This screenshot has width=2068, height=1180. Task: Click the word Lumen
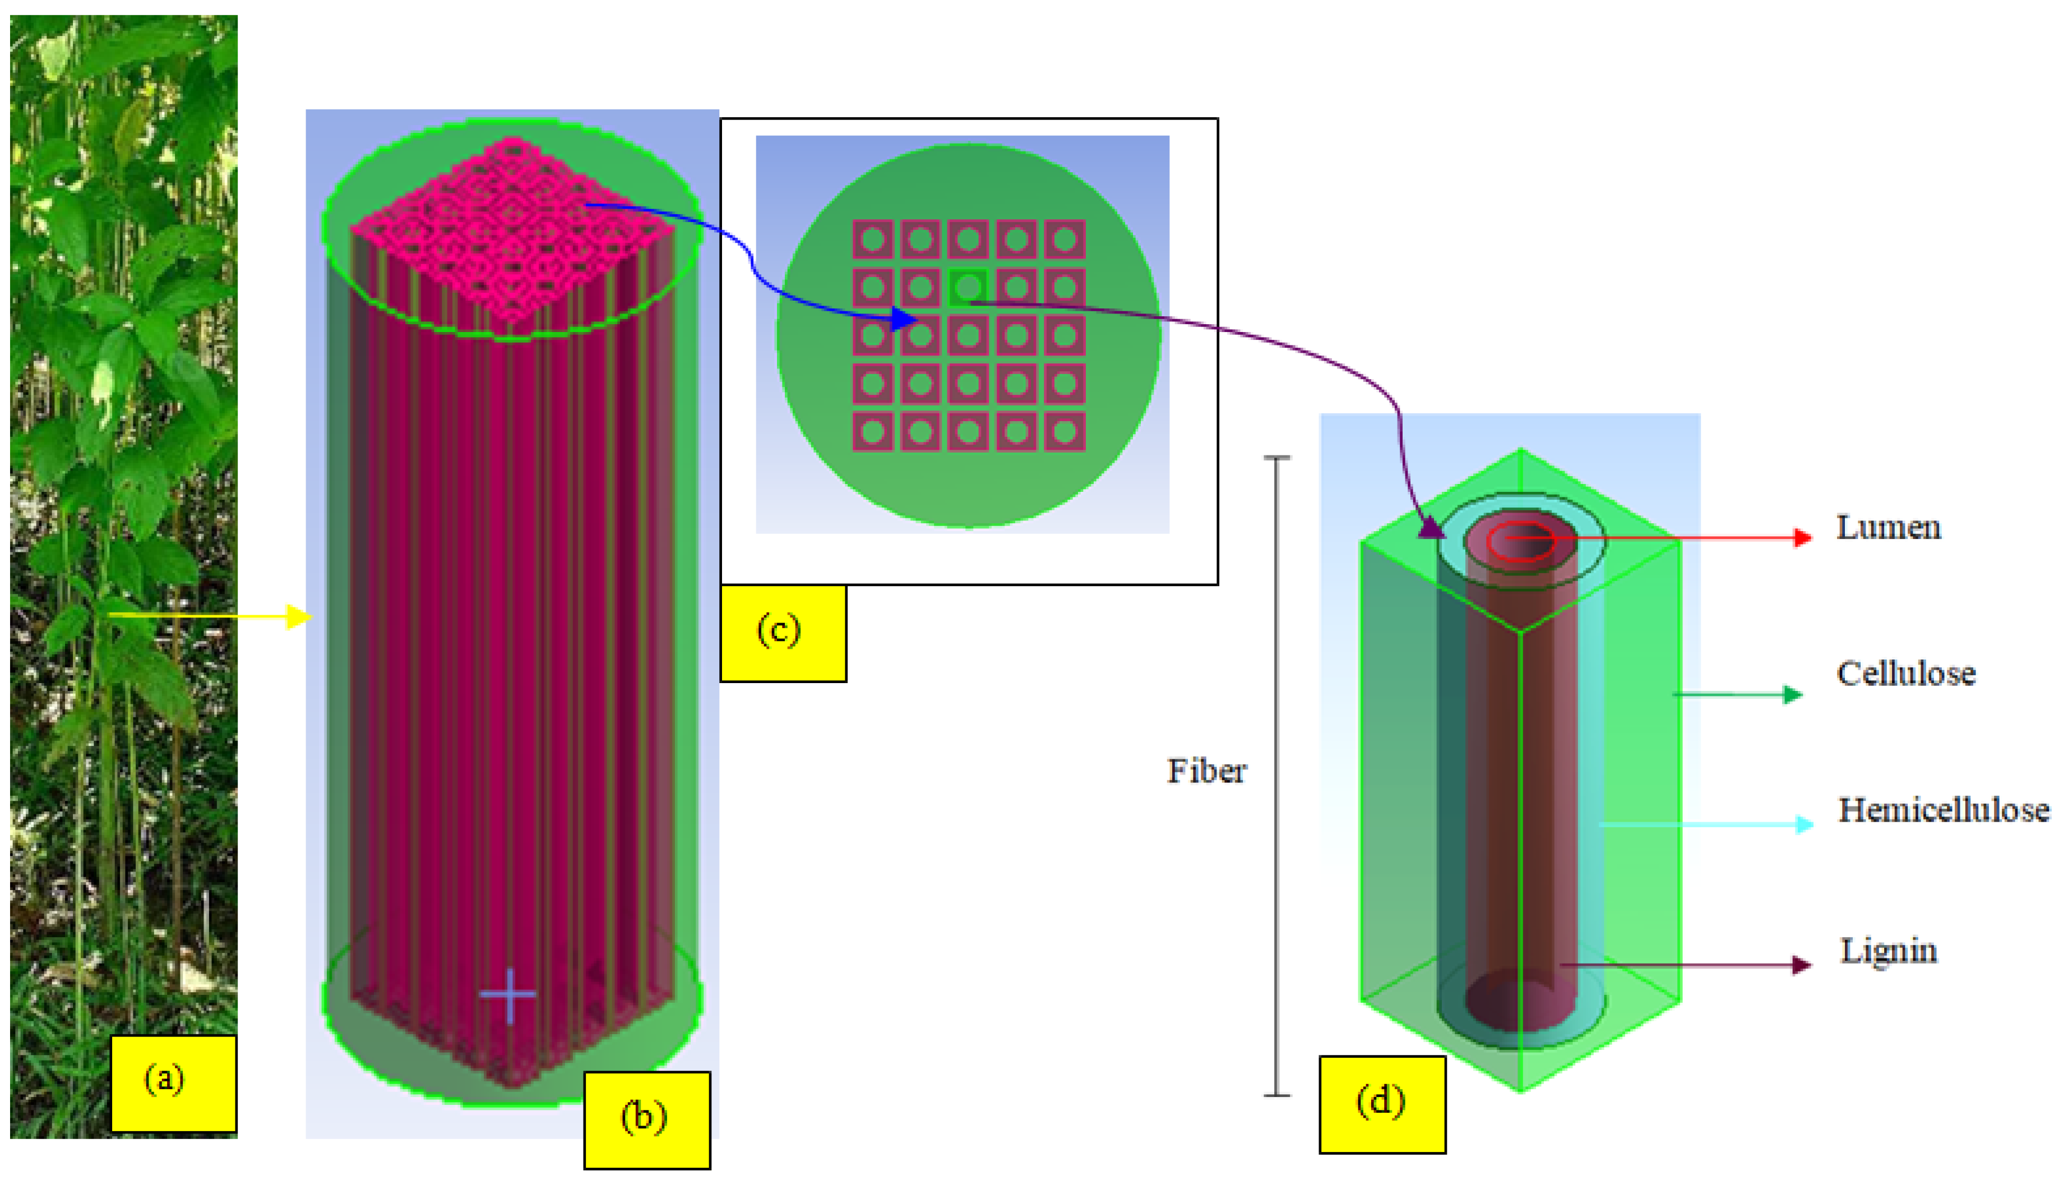1887,528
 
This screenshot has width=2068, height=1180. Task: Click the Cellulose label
1905,674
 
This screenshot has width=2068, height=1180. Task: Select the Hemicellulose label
1943,810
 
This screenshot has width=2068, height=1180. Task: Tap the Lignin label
1888,950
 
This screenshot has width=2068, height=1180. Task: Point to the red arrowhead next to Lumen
1802,537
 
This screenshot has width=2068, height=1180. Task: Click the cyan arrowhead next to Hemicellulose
1804,825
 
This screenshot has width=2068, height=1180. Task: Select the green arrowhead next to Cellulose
1793,694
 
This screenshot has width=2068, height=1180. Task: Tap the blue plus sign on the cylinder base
508,994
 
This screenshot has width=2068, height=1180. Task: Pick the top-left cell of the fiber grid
872,240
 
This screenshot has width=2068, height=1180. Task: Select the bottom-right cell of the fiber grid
1063,431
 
